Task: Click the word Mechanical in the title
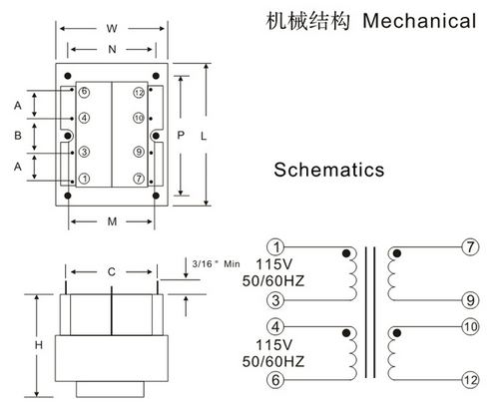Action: pos(419,21)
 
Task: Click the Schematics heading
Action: pos(329,170)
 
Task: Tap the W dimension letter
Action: pos(112,29)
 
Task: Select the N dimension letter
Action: pos(112,50)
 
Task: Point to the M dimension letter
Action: pos(112,221)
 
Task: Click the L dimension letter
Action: pos(204,136)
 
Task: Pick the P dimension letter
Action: pos(181,135)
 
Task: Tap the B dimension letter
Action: pos(18,136)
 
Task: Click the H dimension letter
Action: pos(39,345)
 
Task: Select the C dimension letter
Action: pos(112,272)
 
